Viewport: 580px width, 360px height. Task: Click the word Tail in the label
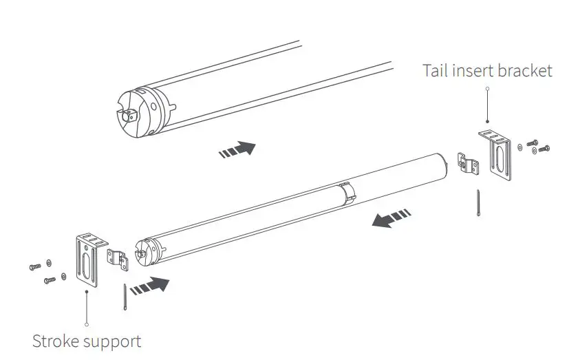[x=437, y=70]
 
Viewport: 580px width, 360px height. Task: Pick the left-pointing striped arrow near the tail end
[x=391, y=219]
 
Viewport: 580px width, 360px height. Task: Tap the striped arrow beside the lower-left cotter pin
[x=149, y=284]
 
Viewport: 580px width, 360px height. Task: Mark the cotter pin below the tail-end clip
[x=477, y=204]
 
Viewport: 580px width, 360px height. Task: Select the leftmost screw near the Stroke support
[x=35, y=266]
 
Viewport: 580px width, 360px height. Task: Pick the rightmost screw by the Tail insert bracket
[x=546, y=148]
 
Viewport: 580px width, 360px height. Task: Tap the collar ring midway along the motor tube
[x=347, y=193]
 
